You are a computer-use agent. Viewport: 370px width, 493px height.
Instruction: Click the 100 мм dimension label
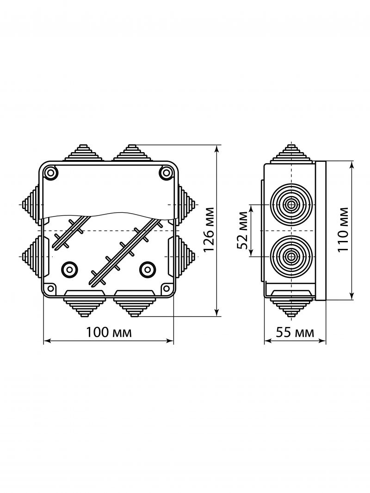tap(109, 332)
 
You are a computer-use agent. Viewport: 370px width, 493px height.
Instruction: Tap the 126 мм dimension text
tap(209, 229)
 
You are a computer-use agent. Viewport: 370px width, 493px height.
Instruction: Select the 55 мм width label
tap(295, 332)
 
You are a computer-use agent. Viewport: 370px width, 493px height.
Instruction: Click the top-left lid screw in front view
tap(50, 173)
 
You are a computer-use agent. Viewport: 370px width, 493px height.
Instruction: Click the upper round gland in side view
tap(291, 204)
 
